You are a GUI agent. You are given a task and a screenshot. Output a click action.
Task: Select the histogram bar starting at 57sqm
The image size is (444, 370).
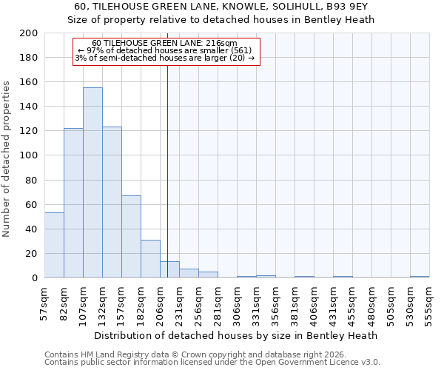pyautogui.click(x=54, y=245)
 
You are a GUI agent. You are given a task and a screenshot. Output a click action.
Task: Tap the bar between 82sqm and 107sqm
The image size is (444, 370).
pyautogui.click(x=73, y=203)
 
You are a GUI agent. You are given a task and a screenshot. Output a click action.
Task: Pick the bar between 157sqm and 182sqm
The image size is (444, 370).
pyautogui.click(x=131, y=237)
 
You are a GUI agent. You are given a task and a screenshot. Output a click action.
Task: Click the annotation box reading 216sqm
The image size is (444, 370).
pyautogui.click(x=166, y=51)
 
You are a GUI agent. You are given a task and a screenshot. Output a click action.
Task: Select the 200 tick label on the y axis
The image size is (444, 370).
pyautogui.click(x=29, y=33)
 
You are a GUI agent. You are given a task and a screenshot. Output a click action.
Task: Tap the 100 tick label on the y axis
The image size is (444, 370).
pyautogui.click(x=29, y=155)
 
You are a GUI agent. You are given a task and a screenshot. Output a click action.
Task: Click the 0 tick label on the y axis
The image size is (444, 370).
pyautogui.click(x=34, y=277)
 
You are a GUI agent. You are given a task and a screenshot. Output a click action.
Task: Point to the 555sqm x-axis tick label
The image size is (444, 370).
pyautogui.click(x=429, y=303)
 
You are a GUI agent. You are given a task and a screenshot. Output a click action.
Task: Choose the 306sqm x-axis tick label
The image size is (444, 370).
pyautogui.click(x=237, y=303)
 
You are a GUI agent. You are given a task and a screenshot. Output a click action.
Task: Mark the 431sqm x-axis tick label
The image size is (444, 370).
pyautogui.click(x=333, y=303)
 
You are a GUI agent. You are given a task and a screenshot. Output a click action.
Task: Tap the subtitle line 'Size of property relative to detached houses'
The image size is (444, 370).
pyautogui.click(x=222, y=19)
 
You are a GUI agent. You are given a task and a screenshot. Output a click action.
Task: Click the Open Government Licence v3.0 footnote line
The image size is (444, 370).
pyautogui.click(x=212, y=363)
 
